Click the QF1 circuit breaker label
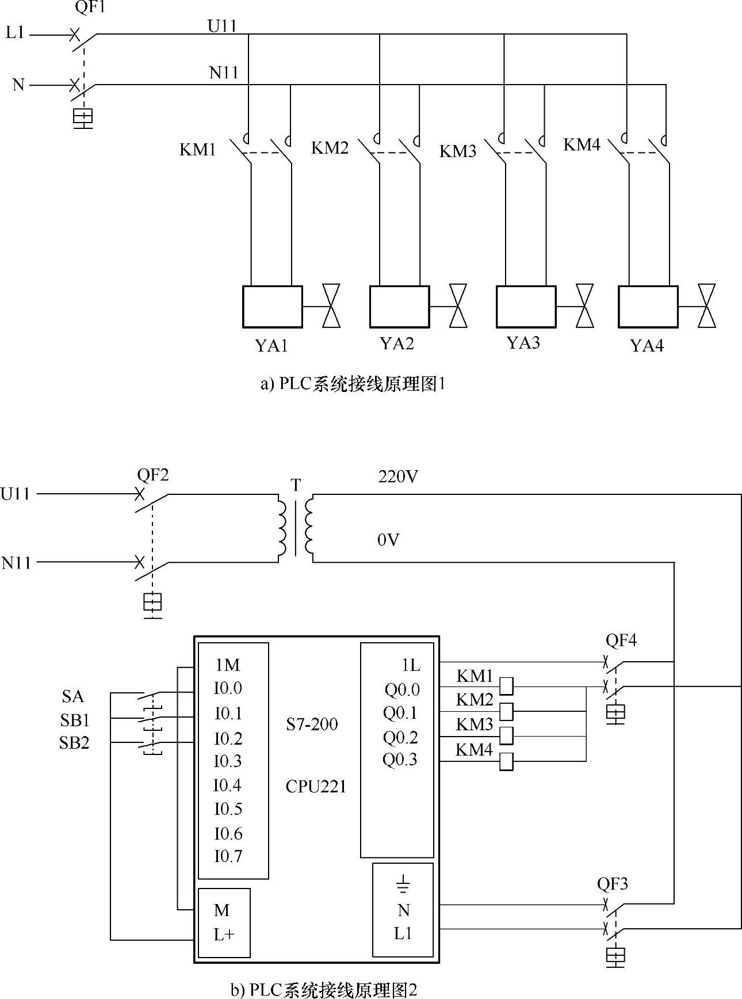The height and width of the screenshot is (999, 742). (x=90, y=7)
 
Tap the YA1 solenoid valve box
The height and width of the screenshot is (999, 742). (x=273, y=307)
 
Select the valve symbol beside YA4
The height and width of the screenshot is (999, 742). (x=706, y=306)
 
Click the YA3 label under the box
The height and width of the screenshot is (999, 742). (x=523, y=342)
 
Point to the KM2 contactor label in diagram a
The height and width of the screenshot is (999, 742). (x=330, y=148)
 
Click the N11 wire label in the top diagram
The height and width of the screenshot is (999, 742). (x=224, y=73)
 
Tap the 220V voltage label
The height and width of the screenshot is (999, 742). (x=398, y=476)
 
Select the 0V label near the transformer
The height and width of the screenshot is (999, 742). (x=388, y=540)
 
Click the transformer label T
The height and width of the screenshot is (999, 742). (x=296, y=485)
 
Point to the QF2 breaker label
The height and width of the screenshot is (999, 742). (x=153, y=475)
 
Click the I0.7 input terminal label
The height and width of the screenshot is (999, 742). (x=228, y=856)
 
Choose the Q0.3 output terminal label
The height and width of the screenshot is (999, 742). (x=400, y=760)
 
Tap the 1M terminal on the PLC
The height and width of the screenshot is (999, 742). (x=228, y=665)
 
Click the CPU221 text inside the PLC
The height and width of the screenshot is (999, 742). (x=316, y=786)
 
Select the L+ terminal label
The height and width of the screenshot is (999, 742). (x=224, y=935)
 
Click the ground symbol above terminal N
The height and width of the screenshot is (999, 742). (x=403, y=884)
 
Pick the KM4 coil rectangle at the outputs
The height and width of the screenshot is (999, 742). (x=506, y=761)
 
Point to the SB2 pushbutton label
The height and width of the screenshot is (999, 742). (x=74, y=743)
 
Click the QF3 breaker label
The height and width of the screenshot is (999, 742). (x=612, y=884)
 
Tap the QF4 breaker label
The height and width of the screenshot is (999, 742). (x=621, y=640)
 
